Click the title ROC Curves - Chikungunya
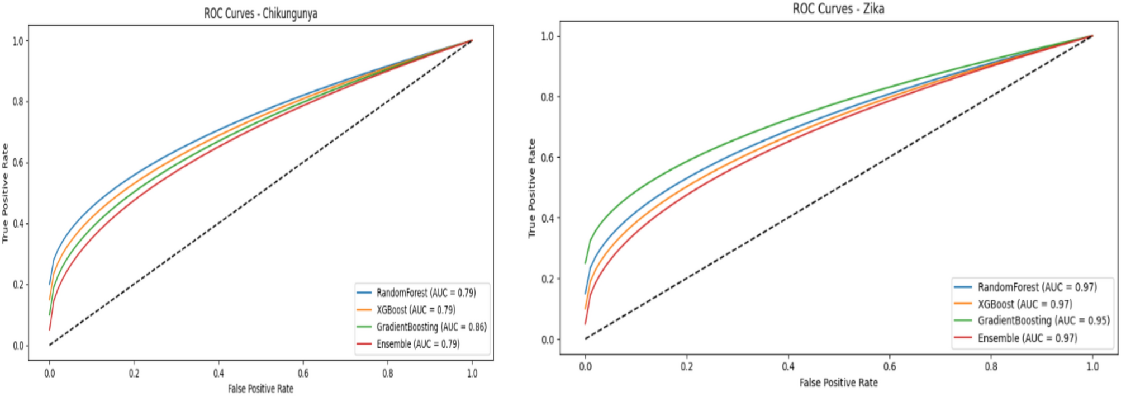260,13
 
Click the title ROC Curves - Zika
838,8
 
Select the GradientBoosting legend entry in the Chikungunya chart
431,327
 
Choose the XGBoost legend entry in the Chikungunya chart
415,309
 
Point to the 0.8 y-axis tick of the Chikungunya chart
18,102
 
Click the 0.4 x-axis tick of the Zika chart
788,366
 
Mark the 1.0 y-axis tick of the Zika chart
547,36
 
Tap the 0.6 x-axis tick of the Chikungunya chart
303,373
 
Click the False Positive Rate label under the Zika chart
838,383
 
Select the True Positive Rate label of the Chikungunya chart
6,193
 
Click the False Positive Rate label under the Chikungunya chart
260,388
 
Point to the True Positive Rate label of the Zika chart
532,188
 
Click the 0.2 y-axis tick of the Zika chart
547,279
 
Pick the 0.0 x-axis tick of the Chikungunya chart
50,373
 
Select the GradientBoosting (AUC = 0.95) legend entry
1043,320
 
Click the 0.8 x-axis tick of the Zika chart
991,366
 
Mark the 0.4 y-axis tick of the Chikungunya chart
18,224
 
